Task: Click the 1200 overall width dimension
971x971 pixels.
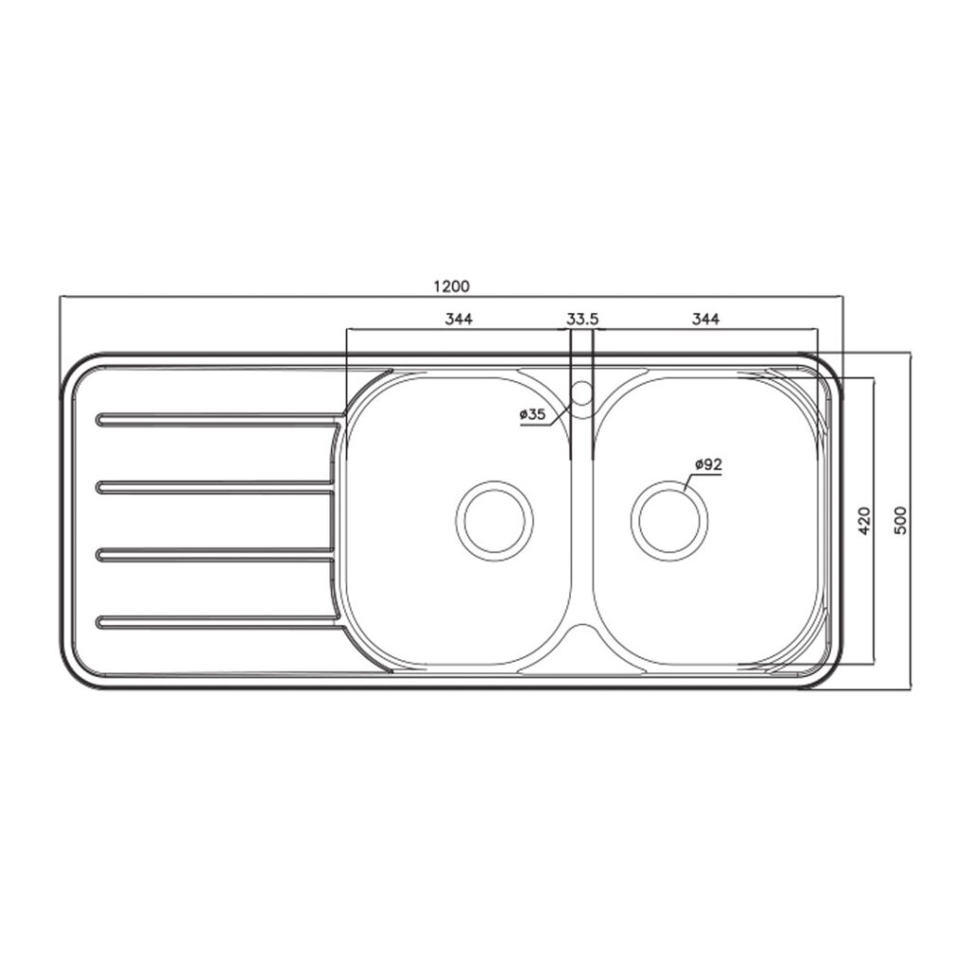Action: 450,286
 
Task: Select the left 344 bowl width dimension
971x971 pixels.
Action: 458,319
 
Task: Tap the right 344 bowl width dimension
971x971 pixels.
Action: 705,319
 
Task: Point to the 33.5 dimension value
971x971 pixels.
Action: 582,319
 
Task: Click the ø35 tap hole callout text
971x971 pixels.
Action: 533,415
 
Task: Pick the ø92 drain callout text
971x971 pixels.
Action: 708,464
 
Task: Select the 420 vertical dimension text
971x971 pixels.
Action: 865,521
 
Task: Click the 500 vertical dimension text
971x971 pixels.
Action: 901,521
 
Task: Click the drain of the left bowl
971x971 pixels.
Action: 494,521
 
